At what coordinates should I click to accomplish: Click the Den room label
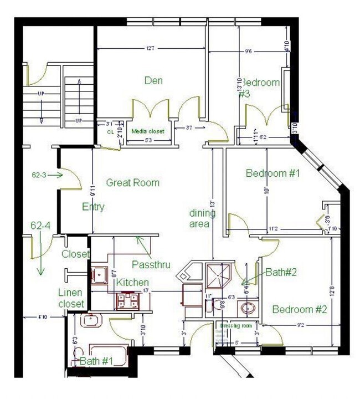tap(153, 81)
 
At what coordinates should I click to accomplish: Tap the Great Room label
tap(132, 182)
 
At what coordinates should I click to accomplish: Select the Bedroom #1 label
tap(272, 173)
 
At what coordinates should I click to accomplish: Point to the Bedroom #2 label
tap(299, 309)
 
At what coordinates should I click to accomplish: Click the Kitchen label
tap(132, 283)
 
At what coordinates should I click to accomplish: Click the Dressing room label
tap(236, 326)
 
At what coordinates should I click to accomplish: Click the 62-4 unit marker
tap(40, 226)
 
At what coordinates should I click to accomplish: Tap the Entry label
tap(92, 207)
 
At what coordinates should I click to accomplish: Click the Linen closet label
tap(71, 298)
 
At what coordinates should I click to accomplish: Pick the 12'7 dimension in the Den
tap(149, 49)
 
